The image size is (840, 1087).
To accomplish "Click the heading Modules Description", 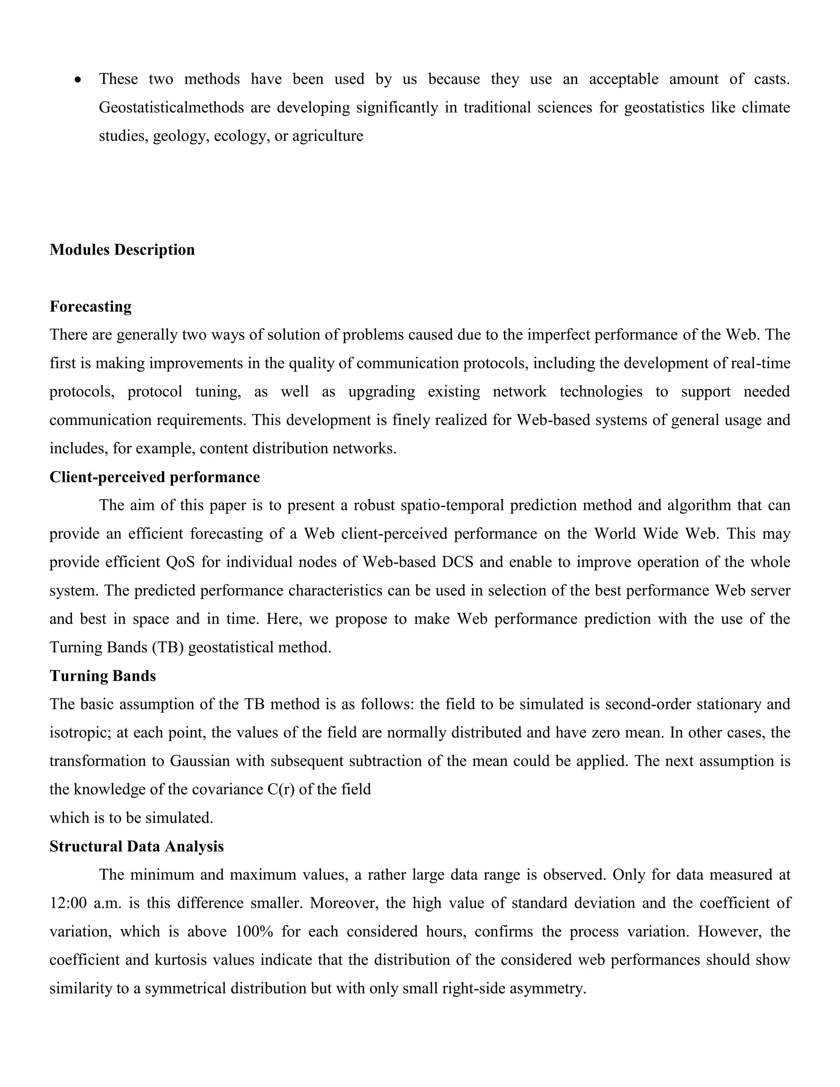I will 122,250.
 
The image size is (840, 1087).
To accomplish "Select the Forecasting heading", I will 91,306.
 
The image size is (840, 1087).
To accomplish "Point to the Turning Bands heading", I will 103,676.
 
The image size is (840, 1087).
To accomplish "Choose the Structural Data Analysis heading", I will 136,847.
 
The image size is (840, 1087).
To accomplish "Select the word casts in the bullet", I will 772,79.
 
